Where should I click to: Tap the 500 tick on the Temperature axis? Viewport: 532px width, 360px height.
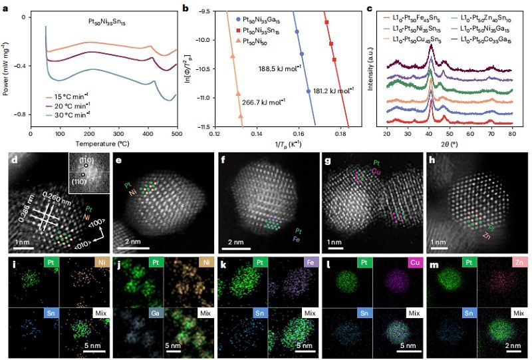176,134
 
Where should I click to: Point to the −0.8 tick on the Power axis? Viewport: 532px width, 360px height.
27,114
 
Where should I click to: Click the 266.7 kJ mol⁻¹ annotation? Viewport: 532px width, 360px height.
264,101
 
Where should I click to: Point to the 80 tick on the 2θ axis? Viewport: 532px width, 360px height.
511,134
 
